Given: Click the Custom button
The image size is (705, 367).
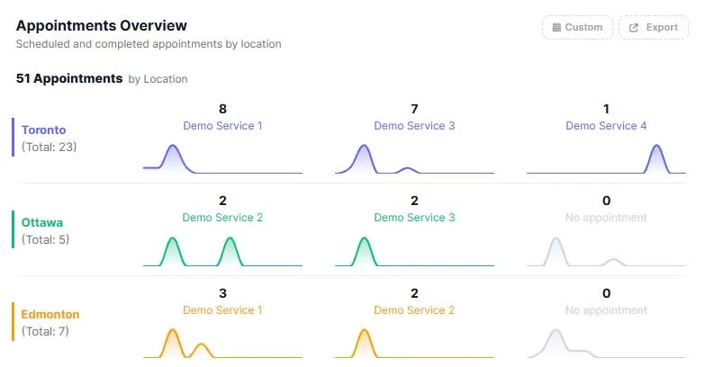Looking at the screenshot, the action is [x=577, y=27].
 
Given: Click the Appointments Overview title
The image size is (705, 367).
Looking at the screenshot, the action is [x=102, y=25].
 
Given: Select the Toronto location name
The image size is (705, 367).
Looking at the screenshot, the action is [x=43, y=130].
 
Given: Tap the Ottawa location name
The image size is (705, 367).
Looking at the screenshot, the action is [x=42, y=222].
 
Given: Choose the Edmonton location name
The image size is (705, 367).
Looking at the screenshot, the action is [x=50, y=314].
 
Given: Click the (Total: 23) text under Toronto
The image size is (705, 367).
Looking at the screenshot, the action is [x=49, y=147].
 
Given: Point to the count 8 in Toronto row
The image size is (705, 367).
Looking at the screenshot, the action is [x=222, y=109].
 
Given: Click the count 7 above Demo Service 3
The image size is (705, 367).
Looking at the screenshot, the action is [x=414, y=109].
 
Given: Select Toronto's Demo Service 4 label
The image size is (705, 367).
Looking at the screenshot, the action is [x=606, y=126].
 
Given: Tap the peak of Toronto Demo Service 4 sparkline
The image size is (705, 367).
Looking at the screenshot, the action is [x=657, y=145].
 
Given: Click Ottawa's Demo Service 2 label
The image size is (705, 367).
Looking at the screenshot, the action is [x=222, y=218].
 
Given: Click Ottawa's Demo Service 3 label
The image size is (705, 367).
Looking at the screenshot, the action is [x=414, y=218].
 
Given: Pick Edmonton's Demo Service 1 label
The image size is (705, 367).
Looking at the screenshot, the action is [x=222, y=310].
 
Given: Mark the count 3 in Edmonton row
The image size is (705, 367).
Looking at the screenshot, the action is [x=222, y=293].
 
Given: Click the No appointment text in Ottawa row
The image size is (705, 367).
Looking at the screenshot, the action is [x=606, y=218].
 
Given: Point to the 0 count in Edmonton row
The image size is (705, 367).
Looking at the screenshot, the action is [x=607, y=293].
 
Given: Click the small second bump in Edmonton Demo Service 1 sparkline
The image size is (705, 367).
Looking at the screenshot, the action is [x=202, y=345].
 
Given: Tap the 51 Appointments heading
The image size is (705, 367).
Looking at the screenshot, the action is [x=69, y=78].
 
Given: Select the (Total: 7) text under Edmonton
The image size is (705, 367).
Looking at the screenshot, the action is [x=45, y=332].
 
